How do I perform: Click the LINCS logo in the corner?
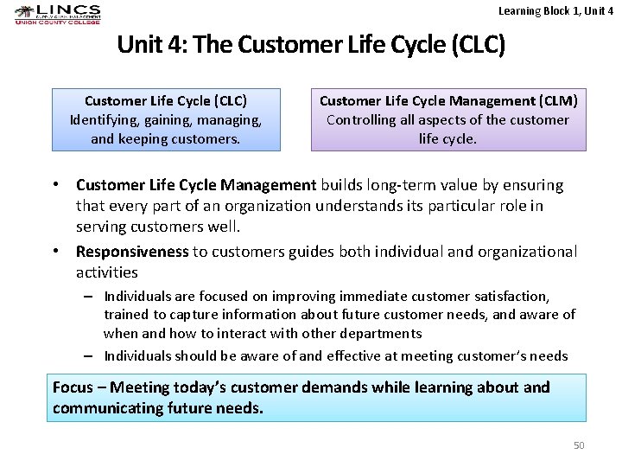(57, 15)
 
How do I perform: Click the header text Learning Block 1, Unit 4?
(555, 10)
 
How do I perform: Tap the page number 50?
(579, 445)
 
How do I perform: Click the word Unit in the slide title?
(138, 44)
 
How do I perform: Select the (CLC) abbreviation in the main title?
(477, 44)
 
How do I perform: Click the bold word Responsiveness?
(132, 252)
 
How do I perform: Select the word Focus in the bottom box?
(73, 387)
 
